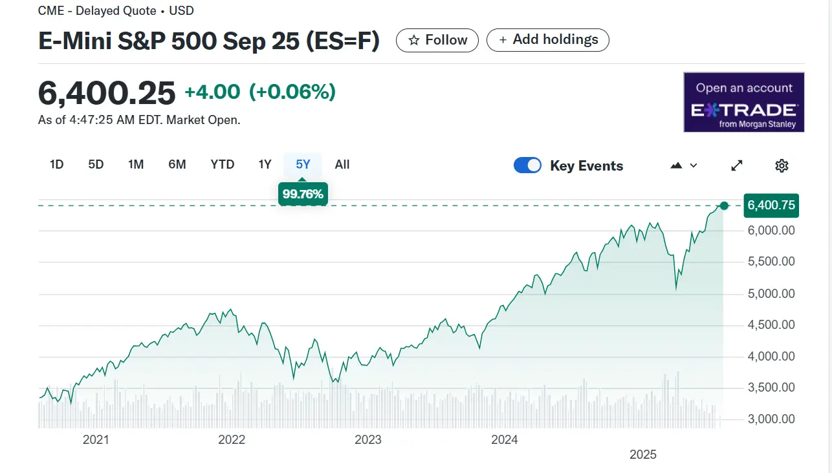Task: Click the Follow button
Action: coord(437,40)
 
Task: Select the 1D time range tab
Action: coord(57,165)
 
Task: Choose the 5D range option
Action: coord(96,165)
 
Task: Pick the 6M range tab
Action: coord(177,165)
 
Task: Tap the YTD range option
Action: coord(223,165)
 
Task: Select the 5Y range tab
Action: coord(303,165)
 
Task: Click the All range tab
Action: coord(342,165)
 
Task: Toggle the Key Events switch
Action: coord(527,165)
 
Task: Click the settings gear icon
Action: coord(782,166)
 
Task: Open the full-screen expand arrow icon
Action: coord(737,166)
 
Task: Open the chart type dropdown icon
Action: coord(684,166)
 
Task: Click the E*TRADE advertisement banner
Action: coord(744,102)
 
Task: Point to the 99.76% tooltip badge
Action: coord(303,194)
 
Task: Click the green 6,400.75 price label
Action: coord(771,205)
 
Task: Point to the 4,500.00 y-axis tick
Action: coord(771,325)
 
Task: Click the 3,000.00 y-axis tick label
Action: coord(771,419)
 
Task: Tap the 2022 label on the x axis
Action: coord(232,440)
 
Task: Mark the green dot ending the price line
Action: coord(724,205)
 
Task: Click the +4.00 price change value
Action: coord(212,92)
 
